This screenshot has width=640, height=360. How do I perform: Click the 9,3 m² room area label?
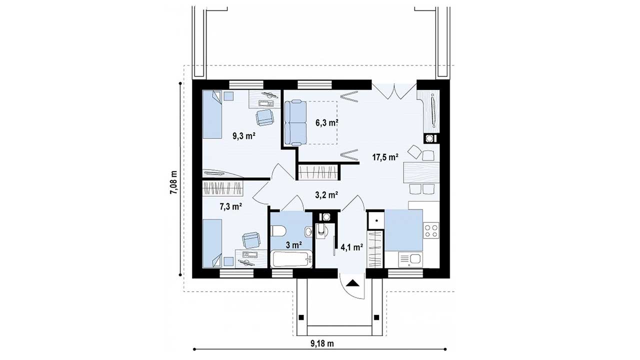pyautogui.click(x=243, y=136)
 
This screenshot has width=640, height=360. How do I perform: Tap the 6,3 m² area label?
pyautogui.click(x=327, y=123)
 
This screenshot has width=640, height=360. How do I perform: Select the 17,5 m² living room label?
pyautogui.click(x=385, y=157)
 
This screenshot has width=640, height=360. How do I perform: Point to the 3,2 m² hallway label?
pyautogui.click(x=327, y=195)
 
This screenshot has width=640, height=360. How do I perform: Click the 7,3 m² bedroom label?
pyautogui.click(x=231, y=206)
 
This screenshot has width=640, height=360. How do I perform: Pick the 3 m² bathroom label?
pyautogui.click(x=294, y=244)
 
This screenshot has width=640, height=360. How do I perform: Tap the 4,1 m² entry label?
pyautogui.click(x=351, y=247)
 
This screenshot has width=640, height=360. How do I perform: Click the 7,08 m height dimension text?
pyautogui.click(x=173, y=182)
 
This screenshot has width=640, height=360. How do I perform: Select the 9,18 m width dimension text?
pyautogui.click(x=322, y=343)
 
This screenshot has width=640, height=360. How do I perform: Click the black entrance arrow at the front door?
pyautogui.click(x=352, y=283)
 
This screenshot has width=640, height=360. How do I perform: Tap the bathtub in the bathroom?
pyautogui.click(x=291, y=259)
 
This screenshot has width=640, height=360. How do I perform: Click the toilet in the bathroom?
pyautogui.click(x=277, y=231)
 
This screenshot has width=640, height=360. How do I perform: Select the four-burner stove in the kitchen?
pyautogui.click(x=431, y=230)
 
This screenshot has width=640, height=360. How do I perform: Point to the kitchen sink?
pyautogui.click(x=410, y=259)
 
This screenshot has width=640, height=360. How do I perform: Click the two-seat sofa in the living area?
pyautogui.click(x=295, y=123)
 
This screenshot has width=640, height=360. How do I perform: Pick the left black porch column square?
pyautogui.click(x=301, y=317)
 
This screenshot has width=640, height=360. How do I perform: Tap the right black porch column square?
pyautogui.click(x=376, y=317)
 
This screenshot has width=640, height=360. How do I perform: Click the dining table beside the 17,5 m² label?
pyautogui.click(x=421, y=172)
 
